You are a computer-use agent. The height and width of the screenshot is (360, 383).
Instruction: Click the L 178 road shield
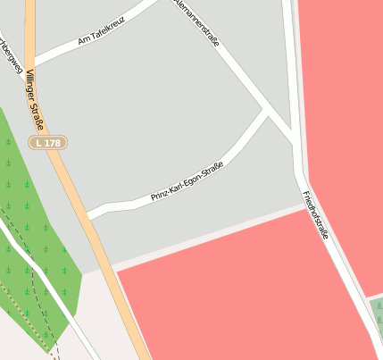48,143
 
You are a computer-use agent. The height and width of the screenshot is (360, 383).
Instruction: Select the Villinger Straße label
36,98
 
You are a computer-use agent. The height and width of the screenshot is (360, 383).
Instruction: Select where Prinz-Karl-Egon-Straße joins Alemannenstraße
265,112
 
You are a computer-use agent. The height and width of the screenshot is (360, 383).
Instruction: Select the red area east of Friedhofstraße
344,134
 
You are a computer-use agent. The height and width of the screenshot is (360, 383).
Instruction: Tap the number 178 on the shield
54,143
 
